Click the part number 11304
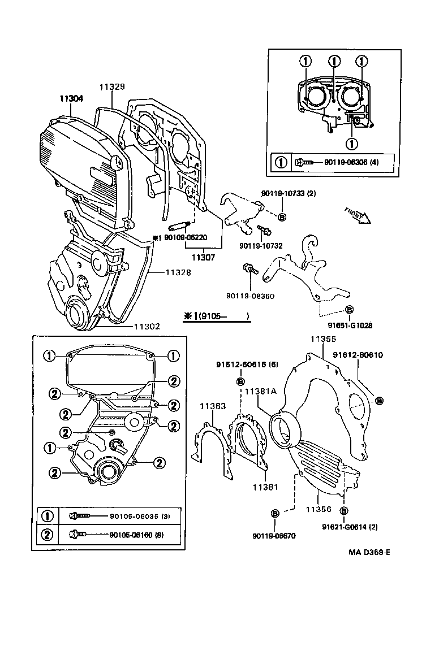pyautogui.click(x=72, y=98)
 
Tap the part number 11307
pyautogui.click(x=204, y=257)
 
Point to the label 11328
pyautogui.click(x=178, y=272)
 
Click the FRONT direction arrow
pyautogui.click(x=356, y=215)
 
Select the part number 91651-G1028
pyautogui.click(x=348, y=325)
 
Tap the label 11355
pyautogui.click(x=322, y=340)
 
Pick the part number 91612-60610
pyautogui.click(x=358, y=355)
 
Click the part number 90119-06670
pyautogui.click(x=275, y=535)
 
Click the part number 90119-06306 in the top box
pyautogui.click(x=345, y=162)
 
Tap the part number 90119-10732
pyautogui.click(x=261, y=246)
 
